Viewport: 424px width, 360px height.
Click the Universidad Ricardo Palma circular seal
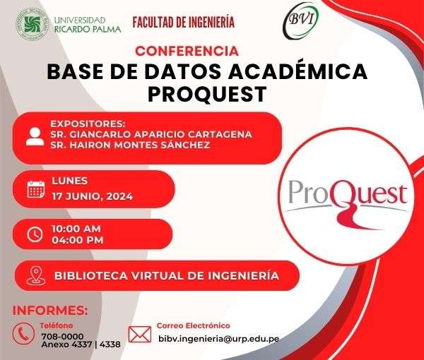[x=33, y=24]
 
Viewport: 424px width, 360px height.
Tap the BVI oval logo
[x=301, y=20]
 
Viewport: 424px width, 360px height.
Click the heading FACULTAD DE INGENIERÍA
[x=183, y=22]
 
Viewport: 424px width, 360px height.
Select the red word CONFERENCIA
[x=187, y=51]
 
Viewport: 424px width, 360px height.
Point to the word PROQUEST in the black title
[x=207, y=95]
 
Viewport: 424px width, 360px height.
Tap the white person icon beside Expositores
[x=35, y=137]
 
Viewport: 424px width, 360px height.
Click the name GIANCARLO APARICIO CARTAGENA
[x=160, y=134]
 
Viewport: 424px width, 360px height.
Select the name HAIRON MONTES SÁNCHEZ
[x=139, y=145]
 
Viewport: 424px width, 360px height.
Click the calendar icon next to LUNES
[x=36, y=189]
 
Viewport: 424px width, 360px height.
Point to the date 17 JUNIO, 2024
[x=92, y=196]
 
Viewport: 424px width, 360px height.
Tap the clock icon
[x=35, y=234]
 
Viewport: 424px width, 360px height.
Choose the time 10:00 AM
[x=76, y=229]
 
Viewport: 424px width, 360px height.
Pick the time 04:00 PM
[x=78, y=240]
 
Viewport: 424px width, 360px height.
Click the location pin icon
[x=36, y=275]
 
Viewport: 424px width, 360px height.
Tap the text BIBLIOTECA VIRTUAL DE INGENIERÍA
[x=167, y=276]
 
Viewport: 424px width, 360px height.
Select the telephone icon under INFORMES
[x=23, y=334]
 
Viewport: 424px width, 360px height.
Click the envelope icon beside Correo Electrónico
[x=139, y=335]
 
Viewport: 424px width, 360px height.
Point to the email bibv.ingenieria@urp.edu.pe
[x=219, y=339]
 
